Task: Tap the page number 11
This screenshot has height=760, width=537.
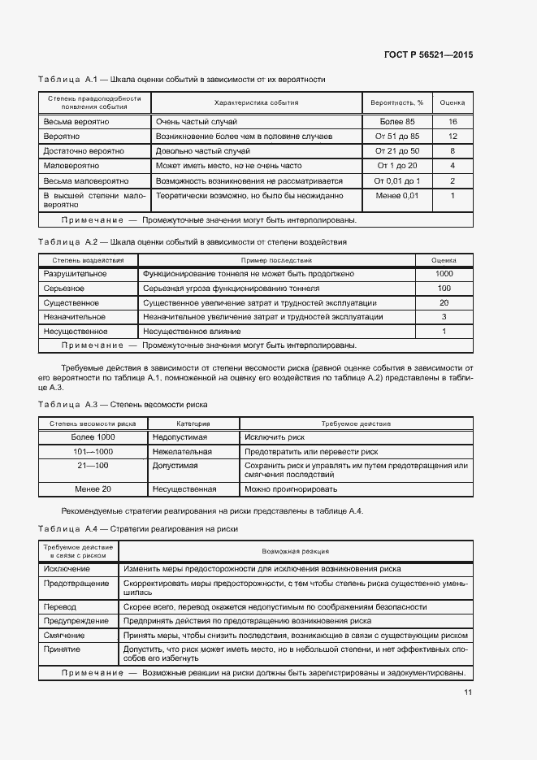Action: click(468, 693)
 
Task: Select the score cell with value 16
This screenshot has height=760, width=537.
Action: click(453, 121)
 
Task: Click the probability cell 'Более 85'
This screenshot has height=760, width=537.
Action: click(396, 121)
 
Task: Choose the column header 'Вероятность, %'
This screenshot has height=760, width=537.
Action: click(396, 103)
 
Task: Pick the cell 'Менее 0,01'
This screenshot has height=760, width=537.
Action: click(396, 196)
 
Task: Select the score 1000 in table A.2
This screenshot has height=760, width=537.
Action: click(444, 274)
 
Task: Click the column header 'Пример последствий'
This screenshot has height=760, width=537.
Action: click(275, 260)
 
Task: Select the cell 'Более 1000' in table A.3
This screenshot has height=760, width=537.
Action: click(93, 437)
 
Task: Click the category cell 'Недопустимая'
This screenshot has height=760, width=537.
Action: click(180, 437)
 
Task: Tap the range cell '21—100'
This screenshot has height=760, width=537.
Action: click(93, 466)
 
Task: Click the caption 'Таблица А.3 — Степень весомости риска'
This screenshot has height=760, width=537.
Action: click(123, 404)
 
